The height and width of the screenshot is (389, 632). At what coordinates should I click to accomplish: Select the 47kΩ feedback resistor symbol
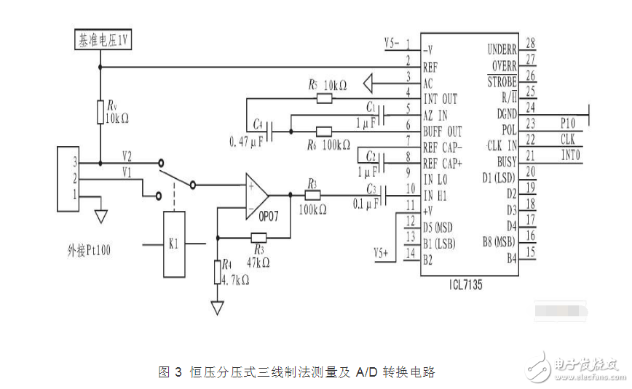click(258, 237)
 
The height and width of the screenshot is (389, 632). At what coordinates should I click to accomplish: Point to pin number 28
click(530, 44)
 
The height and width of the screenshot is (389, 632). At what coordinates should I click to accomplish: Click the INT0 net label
click(569, 154)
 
